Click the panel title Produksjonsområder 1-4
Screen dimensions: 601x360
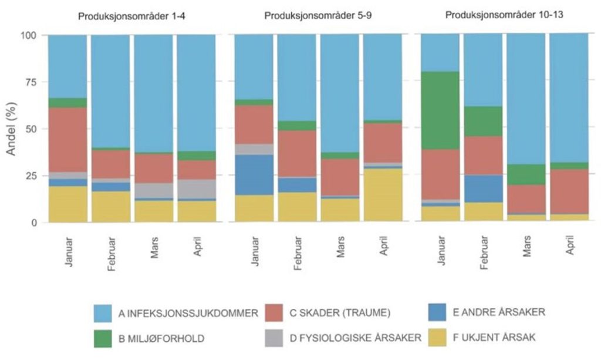132,16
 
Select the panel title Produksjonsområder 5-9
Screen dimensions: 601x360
318,16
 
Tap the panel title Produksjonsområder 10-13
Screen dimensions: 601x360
504,15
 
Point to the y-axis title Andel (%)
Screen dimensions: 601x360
12,129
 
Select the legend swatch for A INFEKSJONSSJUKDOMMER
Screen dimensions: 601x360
103,313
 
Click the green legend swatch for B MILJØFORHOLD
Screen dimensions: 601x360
103,338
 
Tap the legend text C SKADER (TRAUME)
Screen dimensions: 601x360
340,313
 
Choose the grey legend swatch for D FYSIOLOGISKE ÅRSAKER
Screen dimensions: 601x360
274,338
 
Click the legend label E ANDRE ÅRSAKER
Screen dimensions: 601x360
499,312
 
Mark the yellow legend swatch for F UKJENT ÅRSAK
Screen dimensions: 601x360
437,337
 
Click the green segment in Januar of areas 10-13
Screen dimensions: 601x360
440,110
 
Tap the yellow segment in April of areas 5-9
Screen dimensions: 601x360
383,195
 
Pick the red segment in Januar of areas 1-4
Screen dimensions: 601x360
67,140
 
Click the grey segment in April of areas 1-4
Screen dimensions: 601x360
196,189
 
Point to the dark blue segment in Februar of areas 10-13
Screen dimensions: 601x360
483,189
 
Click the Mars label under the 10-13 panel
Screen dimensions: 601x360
526,247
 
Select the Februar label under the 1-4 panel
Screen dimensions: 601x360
111,254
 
